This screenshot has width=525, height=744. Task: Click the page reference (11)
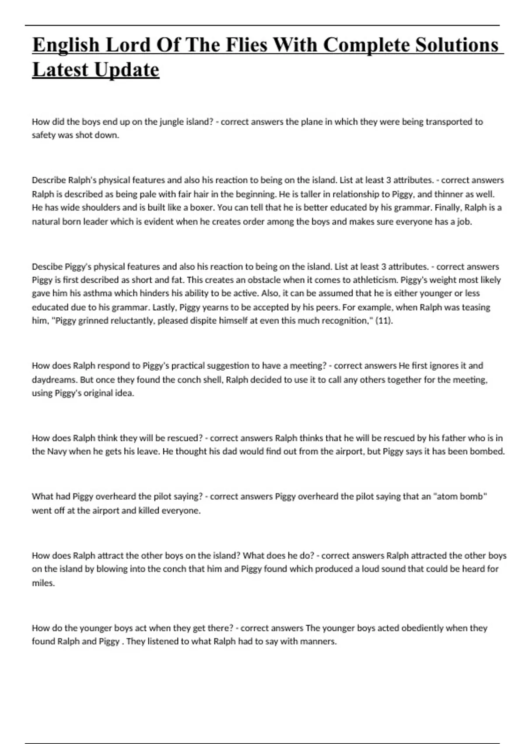tap(384, 321)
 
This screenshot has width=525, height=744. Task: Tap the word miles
tap(43, 583)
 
